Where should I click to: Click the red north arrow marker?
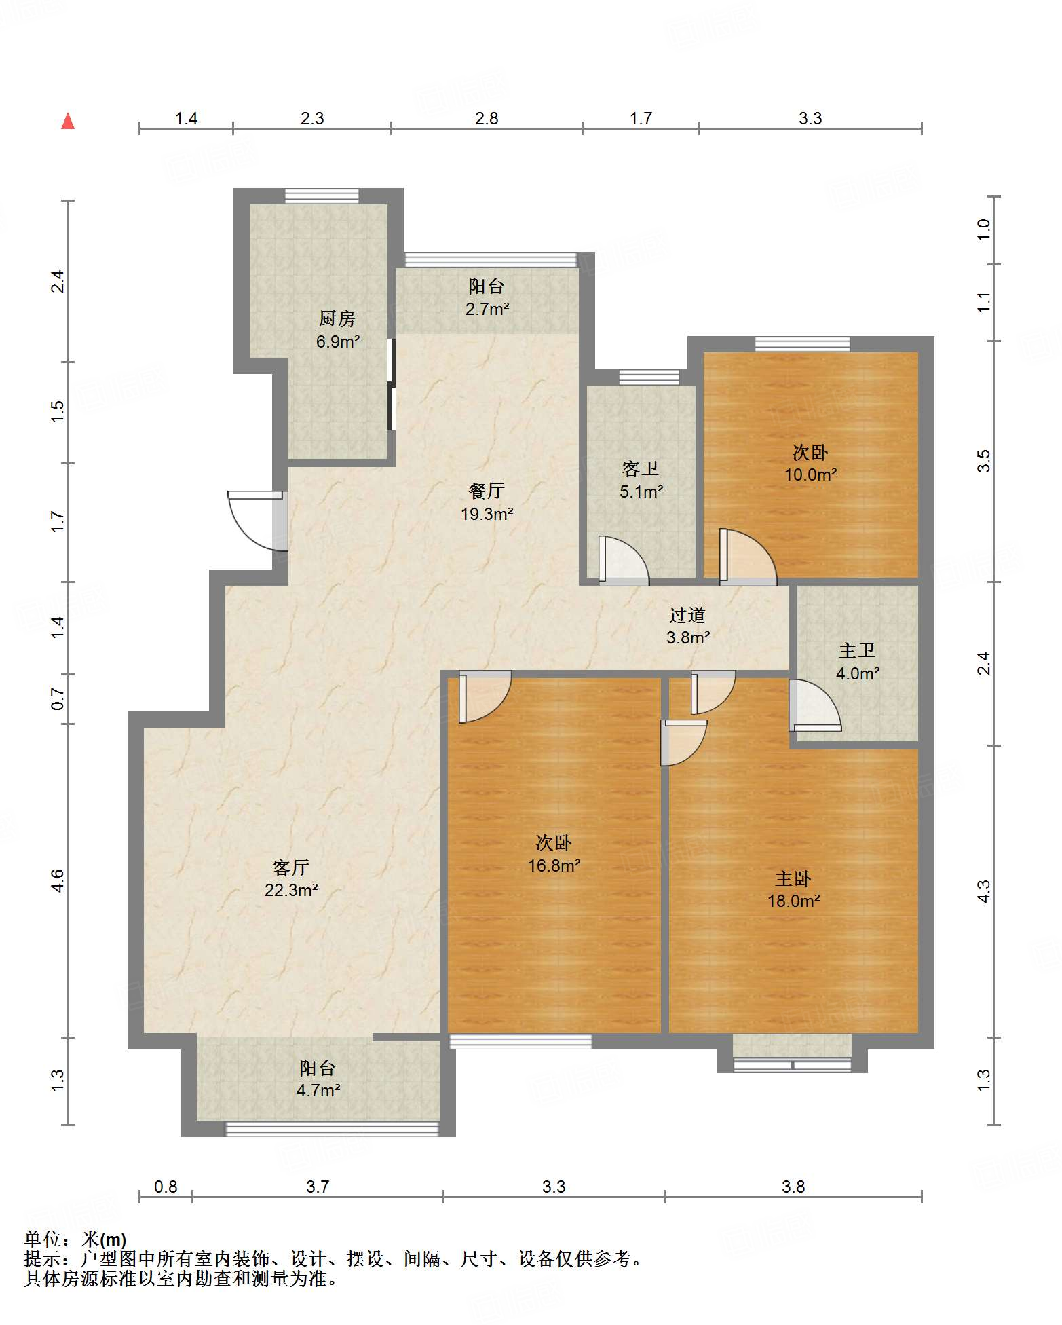click(x=68, y=121)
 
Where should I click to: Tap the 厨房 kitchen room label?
click(x=337, y=318)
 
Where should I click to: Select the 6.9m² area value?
click(x=338, y=341)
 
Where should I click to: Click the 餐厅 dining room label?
click(x=487, y=491)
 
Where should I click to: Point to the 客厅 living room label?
click(x=291, y=867)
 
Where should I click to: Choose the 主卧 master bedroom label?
click(x=793, y=879)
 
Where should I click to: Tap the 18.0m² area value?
click(x=794, y=901)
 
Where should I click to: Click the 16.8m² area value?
click(x=554, y=865)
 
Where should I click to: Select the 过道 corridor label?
click(x=687, y=615)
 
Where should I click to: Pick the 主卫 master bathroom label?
click(x=857, y=651)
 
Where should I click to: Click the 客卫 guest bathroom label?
click(x=641, y=469)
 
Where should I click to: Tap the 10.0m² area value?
click(x=811, y=475)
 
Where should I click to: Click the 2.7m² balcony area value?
click(x=487, y=310)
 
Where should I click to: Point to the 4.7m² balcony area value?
click(x=318, y=1091)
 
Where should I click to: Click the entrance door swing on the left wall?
click(x=257, y=520)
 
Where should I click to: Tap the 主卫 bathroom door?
click(x=815, y=705)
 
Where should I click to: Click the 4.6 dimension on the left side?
click(x=58, y=880)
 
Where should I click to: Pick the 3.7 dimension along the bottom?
click(x=318, y=1187)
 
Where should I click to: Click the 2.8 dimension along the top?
click(x=487, y=119)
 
